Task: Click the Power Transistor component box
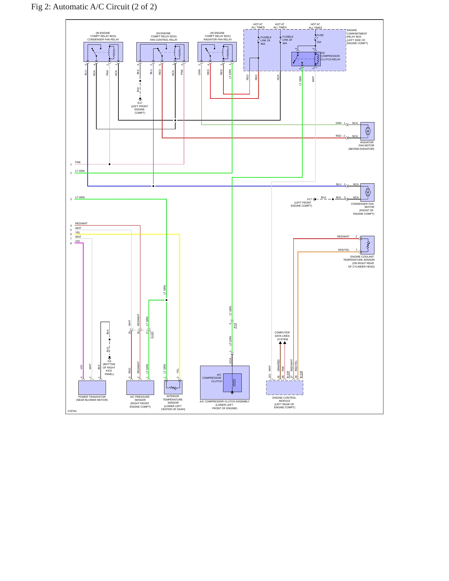click(x=92, y=388)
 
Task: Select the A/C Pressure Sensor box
click(x=140, y=388)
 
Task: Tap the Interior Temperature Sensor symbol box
click(x=173, y=387)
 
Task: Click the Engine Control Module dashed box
click(x=285, y=388)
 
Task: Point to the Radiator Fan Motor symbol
click(x=367, y=131)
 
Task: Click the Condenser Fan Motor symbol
click(x=367, y=192)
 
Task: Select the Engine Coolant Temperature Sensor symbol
click(x=367, y=245)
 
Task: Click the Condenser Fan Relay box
click(x=103, y=52)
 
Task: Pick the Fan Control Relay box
click(x=163, y=52)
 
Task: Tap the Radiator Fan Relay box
click(x=217, y=52)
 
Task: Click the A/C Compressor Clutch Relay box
click(x=306, y=59)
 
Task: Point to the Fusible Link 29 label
click(x=266, y=40)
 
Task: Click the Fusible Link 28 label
click(x=288, y=40)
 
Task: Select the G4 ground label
click(x=109, y=361)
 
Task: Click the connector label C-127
click(x=152, y=335)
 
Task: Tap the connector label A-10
click(x=235, y=326)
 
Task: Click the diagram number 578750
click(x=72, y=411)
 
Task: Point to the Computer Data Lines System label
click(x=282, y=336)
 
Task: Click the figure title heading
click(x=94, y=7)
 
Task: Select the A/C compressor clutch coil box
click(x=232, y=383)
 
